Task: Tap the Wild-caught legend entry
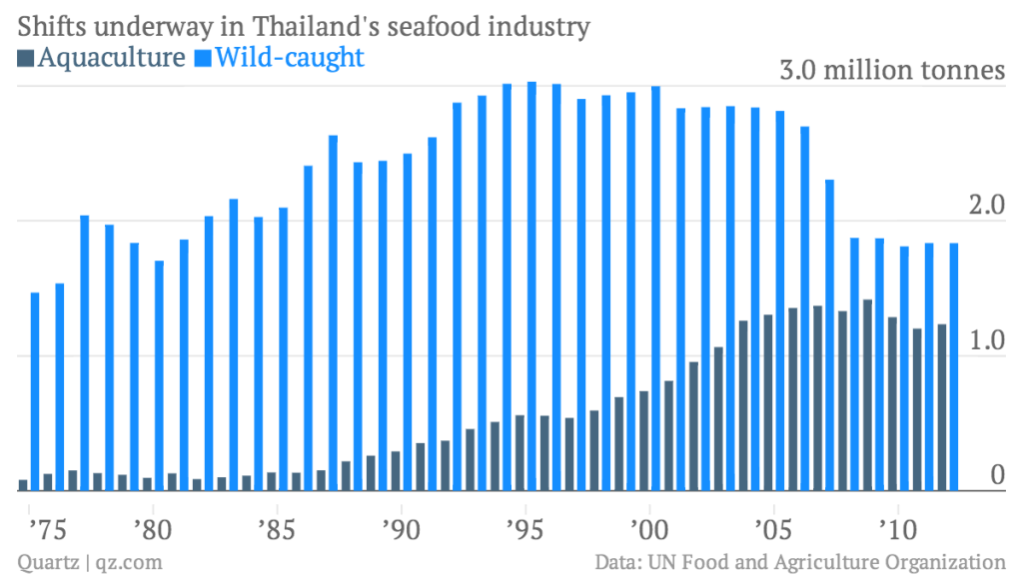[x=279, y=58]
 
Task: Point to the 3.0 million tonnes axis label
[x=891, y=72]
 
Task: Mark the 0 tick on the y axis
[x=993, y=476]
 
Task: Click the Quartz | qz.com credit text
[x=89, y=561]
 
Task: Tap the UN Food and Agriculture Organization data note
[x=799, y=561]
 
